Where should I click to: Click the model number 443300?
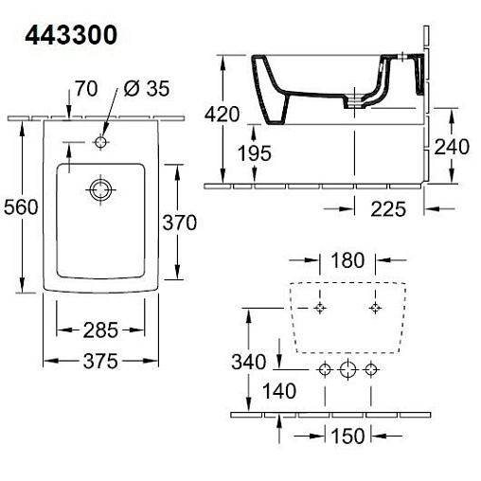[x=71, y=35]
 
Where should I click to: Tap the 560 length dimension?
[x=21, y=207]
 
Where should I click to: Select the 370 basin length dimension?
[x=180, y=223]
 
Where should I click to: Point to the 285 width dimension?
[x=100, y=330]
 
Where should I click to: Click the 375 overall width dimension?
[x=100, y=361]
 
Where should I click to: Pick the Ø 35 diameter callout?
[x=147, y=88]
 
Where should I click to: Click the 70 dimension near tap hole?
[x=86, y=88]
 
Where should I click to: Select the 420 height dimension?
[x=222, y=115]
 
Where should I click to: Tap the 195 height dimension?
[x=255, y=153]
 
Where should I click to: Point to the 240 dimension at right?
[x=452, y=147]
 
